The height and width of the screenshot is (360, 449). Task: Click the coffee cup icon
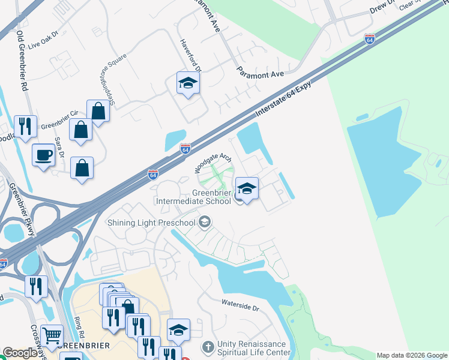coord(43,155)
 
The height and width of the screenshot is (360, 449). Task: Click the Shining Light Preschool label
coord(151,223)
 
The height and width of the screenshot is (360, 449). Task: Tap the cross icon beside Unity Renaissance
coord(207,347)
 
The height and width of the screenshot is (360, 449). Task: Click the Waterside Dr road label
coord(240,307)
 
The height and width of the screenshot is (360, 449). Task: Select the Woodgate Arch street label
coord(213,163)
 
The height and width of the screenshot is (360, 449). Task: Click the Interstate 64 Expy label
coord(288,95)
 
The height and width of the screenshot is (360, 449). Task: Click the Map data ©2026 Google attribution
coord(412,355)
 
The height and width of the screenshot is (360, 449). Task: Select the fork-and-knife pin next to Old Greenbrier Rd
coord(25,127)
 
